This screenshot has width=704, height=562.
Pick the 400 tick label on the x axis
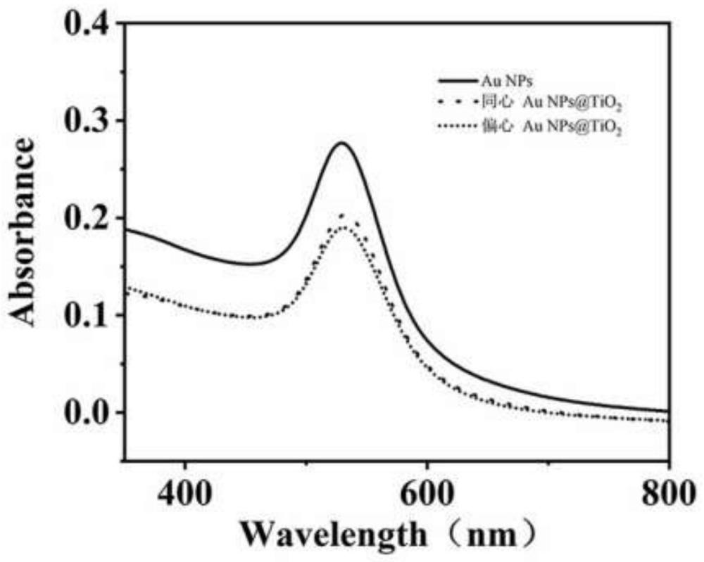pyautogui.click(x=184, y=490)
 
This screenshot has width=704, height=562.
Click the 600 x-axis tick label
pyautogui.click(x=427, y=490)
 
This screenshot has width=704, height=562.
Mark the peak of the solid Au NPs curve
pyautogui.click(x=373, y=143)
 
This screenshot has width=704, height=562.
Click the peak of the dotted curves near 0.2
pyautogui.click(x=373, y=226)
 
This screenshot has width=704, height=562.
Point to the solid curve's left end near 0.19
pyautogui.click(x=126, y=229)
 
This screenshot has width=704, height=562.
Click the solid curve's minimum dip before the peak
pyautogui.click(x=320, y=264)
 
